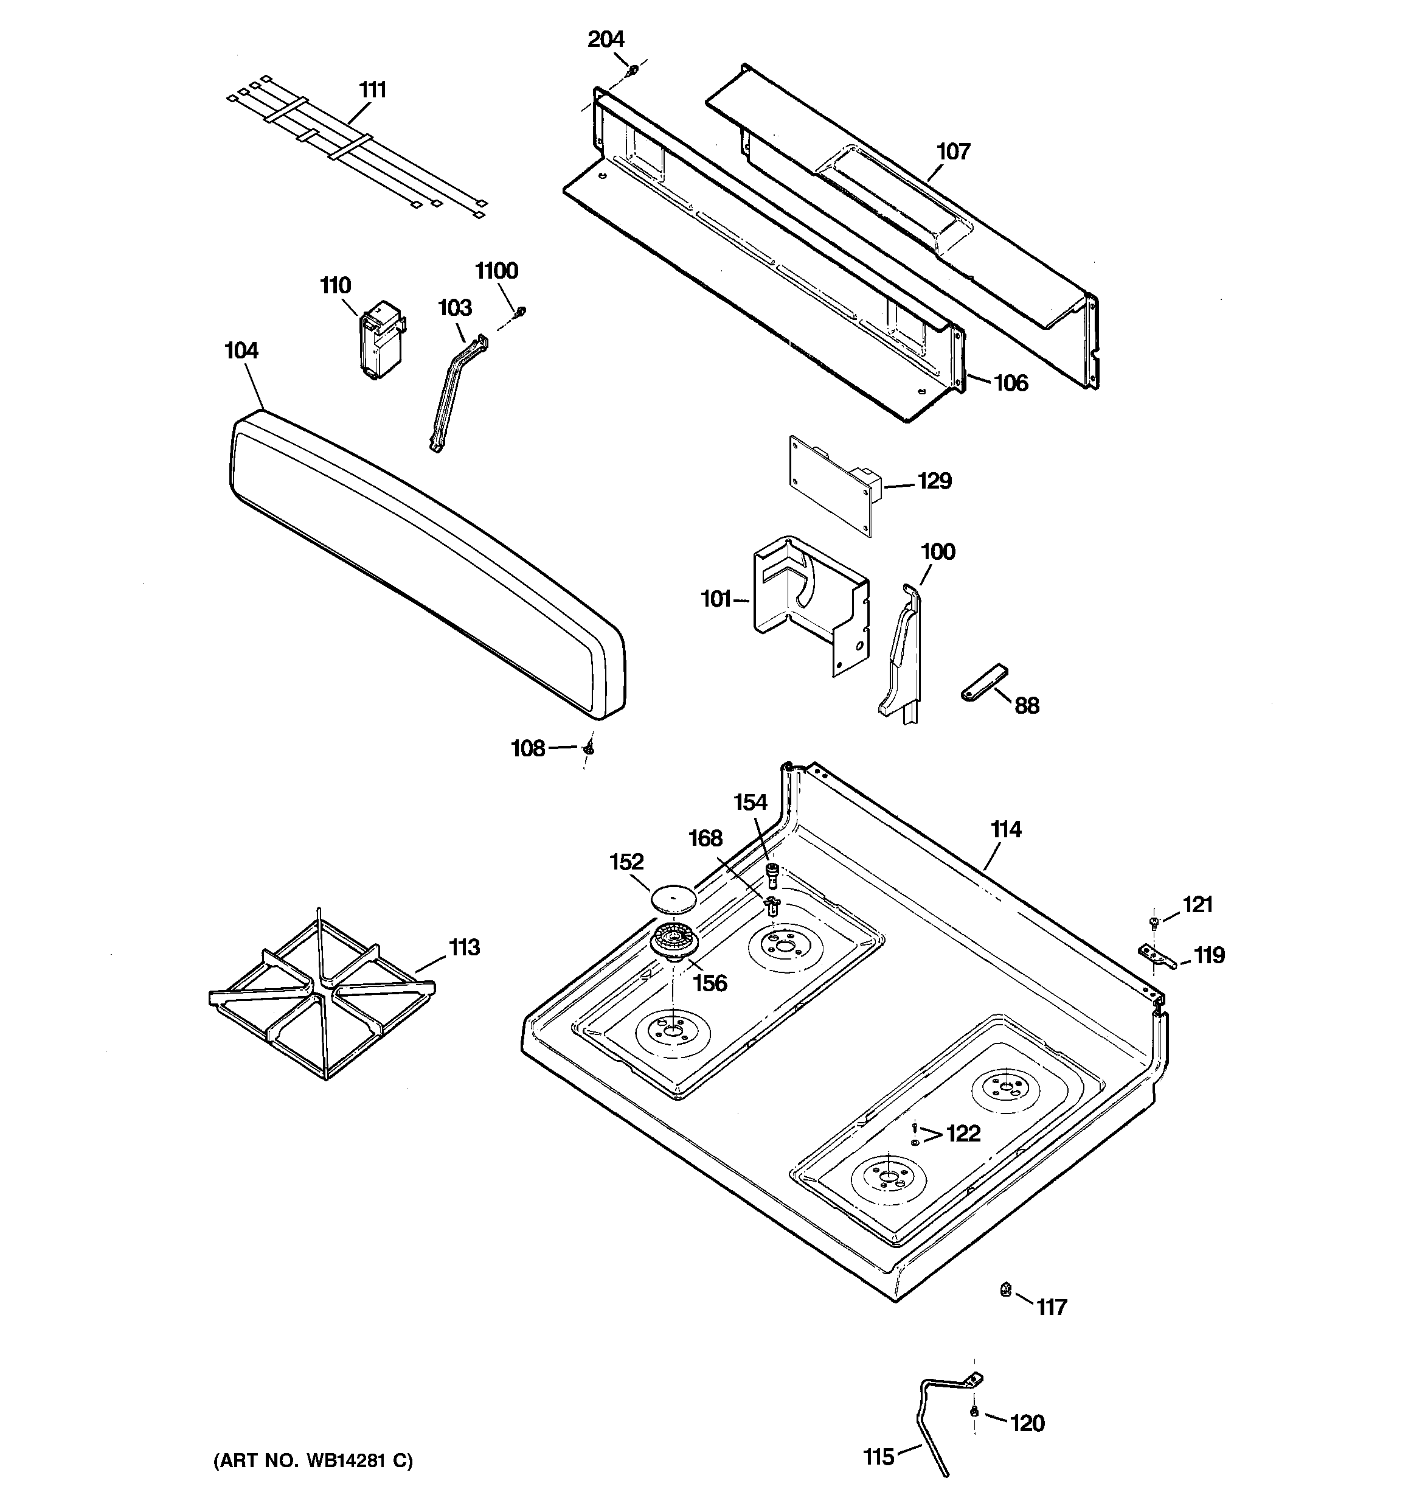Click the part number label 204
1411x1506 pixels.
(x=606, y=40)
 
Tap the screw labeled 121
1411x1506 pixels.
(x=1154, y=922)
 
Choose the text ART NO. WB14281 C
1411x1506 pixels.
(x=313, y=1460)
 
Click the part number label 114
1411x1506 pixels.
(x=1006, y=830)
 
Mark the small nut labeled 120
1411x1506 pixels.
(x=974, y=1411)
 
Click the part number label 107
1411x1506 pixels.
(x=953, y=152)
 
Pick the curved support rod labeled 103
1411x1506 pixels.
(x=457, y=394)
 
